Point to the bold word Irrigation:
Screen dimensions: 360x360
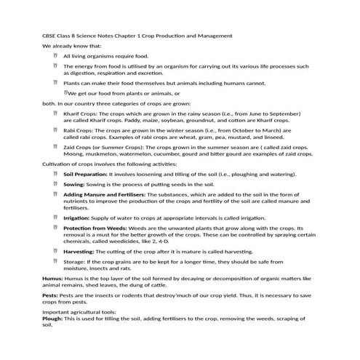click(x=77, y=217)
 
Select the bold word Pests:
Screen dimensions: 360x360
click(x=50, y=295)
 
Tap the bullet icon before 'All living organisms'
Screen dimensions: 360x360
click(x=55, y=55)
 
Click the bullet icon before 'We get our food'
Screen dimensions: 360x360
click(x=65, y=92)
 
